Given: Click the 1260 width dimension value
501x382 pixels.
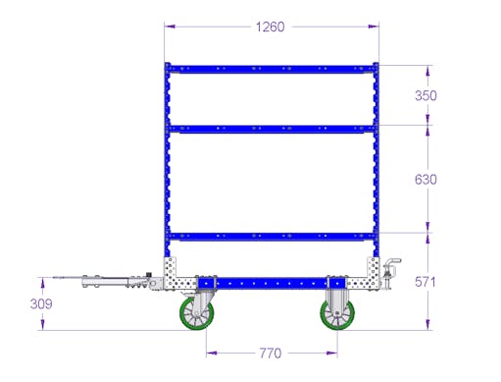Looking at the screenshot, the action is [270, 27].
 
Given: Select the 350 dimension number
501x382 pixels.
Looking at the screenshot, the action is [426, 95].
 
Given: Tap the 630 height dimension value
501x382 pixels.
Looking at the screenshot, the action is [426, 180].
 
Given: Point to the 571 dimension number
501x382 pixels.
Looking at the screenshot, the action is [426, 282].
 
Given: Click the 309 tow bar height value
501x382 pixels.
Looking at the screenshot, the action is [41, 303].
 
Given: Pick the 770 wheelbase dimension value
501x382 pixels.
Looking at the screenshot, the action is [271, 354].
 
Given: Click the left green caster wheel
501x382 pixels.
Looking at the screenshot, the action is [197, 313].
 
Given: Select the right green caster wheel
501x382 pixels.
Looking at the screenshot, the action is [337, 314].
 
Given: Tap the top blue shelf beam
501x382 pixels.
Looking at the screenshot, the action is [272, 69].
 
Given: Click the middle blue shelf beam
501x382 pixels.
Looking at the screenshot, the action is [272, 129].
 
